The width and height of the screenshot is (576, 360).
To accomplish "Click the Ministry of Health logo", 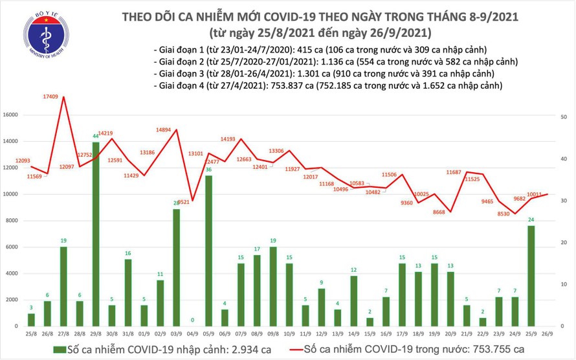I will coord(46,32).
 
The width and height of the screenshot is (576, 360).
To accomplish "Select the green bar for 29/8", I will coord(96,233).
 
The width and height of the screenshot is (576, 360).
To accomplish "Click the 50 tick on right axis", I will coord(564,116).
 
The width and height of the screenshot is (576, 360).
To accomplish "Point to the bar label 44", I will coord(96,137).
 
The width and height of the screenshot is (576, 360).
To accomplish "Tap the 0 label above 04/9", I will coord(192,319).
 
